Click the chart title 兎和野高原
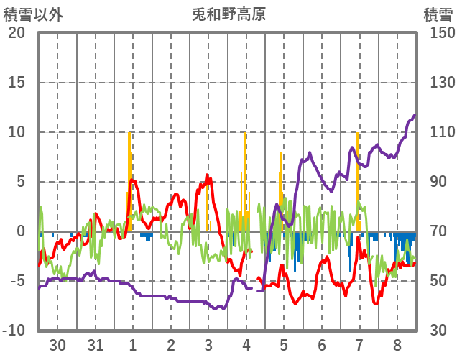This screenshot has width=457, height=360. click(228, 14)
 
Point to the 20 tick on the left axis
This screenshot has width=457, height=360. click(17, 33)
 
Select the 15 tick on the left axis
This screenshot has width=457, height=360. click(17, 83)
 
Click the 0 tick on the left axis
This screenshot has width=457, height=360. click(21, 231)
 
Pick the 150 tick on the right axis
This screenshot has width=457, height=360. click(437, 33)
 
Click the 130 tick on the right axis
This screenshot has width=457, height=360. click(437, 83)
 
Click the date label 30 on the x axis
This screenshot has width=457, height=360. click(57, 345)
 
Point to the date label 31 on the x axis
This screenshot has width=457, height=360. click(95, 345)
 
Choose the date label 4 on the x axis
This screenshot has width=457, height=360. click(246, 345)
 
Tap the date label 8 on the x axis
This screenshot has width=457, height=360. click(397, 345)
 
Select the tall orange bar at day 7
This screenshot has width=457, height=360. click(357, 180)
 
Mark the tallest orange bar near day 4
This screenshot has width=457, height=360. click(245, 180)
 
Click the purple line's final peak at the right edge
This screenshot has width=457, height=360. click(414, 116)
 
